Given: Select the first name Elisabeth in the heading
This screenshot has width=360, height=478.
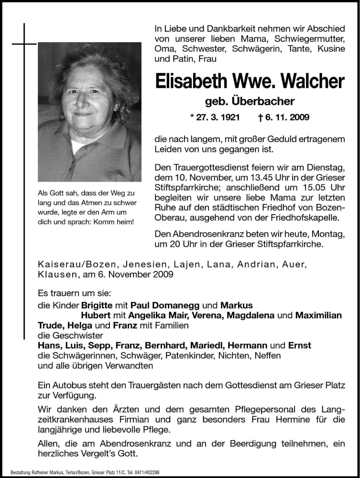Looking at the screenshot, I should click(195, 81).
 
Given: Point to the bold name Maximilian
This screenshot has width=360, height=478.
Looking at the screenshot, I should click(318, 315).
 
